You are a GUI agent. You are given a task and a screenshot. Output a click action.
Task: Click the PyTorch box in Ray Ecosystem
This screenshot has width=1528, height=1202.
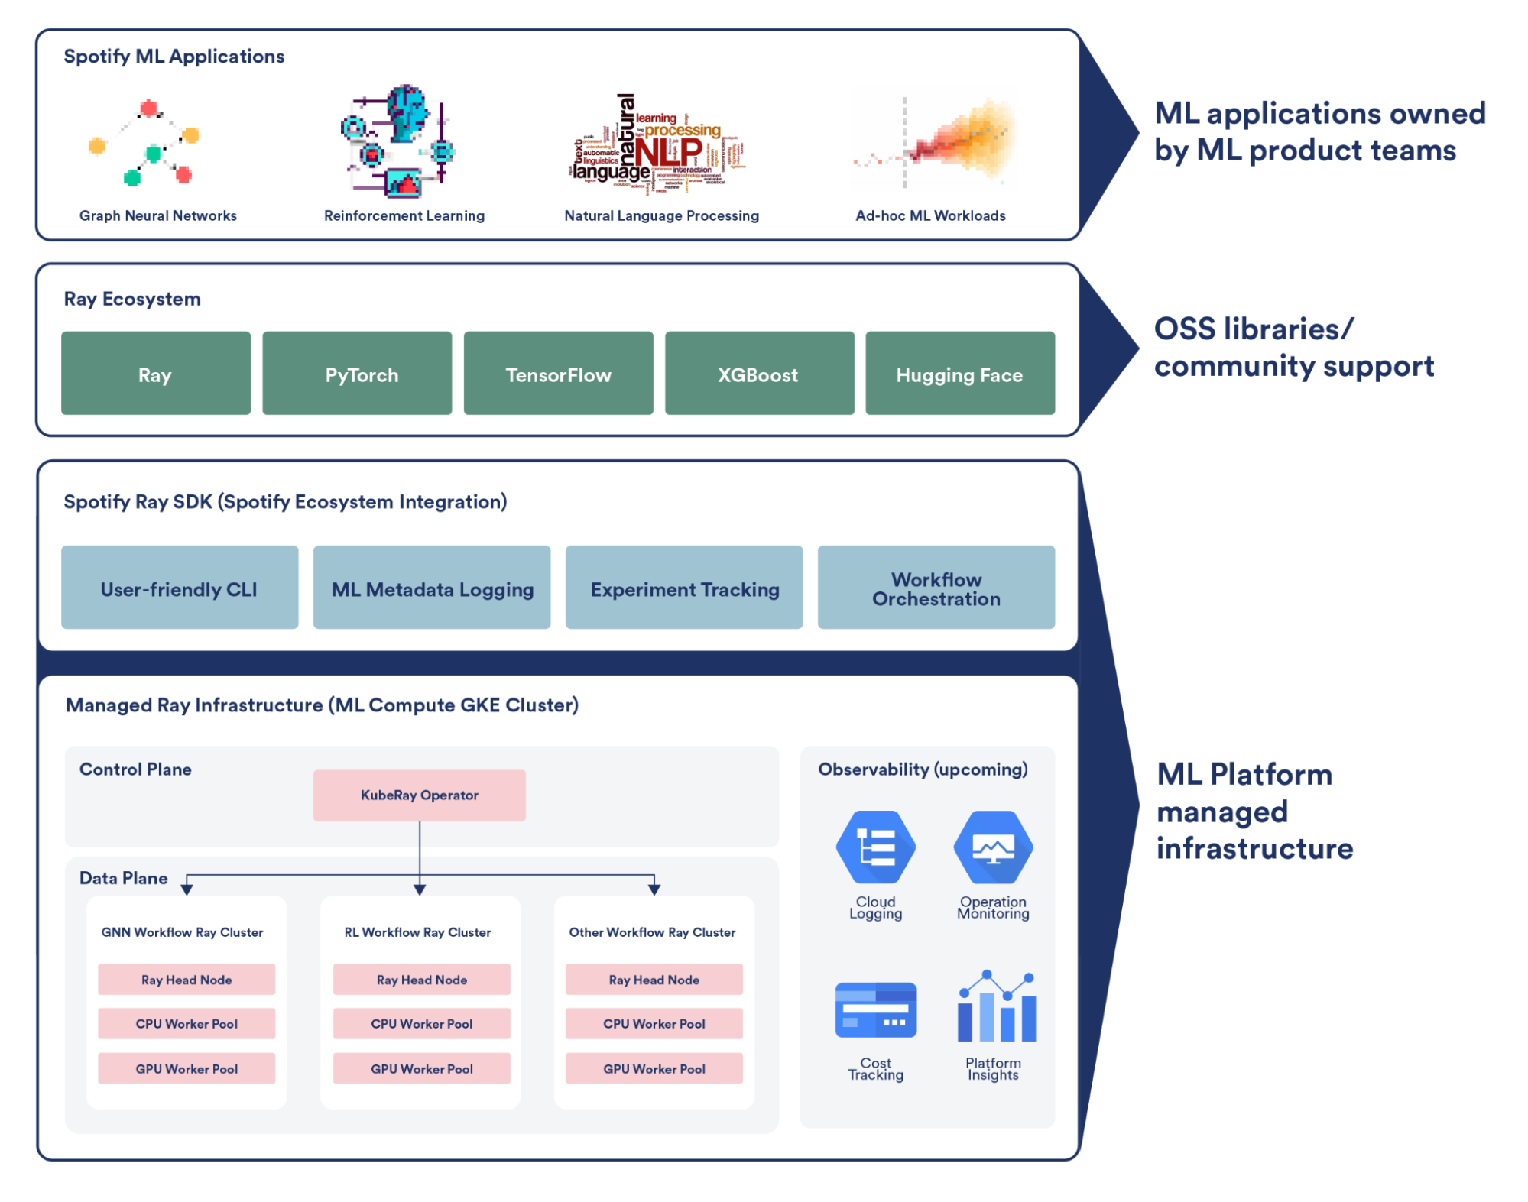point(357,374)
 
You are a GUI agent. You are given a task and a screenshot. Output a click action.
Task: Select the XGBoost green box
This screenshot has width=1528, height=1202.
point(759,374)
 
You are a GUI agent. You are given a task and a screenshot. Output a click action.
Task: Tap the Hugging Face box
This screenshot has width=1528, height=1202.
point(960,374)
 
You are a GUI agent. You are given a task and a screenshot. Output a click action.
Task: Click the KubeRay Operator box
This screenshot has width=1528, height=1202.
point(420,795)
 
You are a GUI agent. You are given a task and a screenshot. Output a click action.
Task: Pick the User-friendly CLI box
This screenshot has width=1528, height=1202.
point(180,588)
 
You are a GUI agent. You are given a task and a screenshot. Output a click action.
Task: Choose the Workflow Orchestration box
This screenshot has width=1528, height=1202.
point(936,588)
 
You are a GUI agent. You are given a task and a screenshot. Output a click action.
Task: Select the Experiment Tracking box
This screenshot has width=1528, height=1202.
point(684,588)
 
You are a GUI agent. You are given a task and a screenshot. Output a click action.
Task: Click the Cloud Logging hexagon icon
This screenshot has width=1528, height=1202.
point(876,847)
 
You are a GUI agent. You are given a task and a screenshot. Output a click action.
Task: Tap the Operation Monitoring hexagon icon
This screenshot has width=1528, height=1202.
point(993,847)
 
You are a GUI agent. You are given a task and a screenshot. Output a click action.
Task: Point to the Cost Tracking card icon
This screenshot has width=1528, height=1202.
point(876,1010)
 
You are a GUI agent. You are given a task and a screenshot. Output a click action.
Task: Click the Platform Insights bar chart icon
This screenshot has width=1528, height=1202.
point(997,1007)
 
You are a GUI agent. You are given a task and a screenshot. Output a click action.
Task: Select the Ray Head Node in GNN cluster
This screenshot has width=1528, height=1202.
point(187,980)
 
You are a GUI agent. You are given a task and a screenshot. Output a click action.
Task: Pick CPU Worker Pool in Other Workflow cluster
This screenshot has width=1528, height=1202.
point(654,1024)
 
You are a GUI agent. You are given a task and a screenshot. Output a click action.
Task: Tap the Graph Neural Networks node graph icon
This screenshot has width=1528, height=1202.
point(145,143)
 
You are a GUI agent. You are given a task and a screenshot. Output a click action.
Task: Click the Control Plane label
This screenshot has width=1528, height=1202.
point(135,769)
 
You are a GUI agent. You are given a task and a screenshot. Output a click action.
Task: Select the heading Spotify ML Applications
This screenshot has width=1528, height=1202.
point(174,57)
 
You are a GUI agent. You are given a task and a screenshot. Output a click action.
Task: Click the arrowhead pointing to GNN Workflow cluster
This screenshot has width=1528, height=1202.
point(187,889)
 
